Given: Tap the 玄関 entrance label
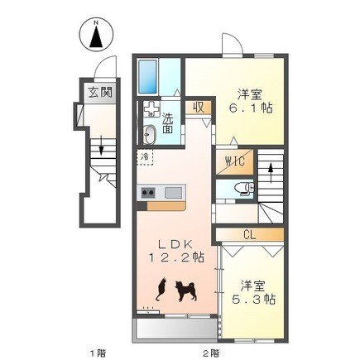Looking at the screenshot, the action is [x=100, y=92].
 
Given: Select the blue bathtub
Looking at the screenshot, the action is [x=147, y=77].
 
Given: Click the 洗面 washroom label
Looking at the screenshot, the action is [x=167, y=123].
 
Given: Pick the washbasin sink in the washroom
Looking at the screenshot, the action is [x=151, y=134].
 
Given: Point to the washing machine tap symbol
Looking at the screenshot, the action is [x=151, y=108].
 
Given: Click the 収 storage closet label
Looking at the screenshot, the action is [x=199, y=107].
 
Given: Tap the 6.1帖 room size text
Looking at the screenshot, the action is [x=251, y=108].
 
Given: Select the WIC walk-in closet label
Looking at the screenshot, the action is [x=235, y=161].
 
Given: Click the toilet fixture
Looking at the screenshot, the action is [x=244, y=188].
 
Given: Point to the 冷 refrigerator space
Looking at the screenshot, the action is [x=145, y=157].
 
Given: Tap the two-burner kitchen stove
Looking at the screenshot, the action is [x=148, y=192].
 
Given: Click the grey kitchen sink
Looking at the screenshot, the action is [x=174, y=192].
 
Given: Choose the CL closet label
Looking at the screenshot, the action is [x=250, y=235].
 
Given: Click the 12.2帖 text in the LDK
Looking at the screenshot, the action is [x=176, y=257].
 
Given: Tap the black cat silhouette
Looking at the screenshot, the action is [x=161, y=289].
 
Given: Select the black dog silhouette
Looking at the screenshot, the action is [x=186, y=290].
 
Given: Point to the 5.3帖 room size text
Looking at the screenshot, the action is [x=253, y=299].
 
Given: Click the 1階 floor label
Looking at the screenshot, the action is [x=98, y=353].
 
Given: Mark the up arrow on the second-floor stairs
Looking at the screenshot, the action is [x=271, y=173].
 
